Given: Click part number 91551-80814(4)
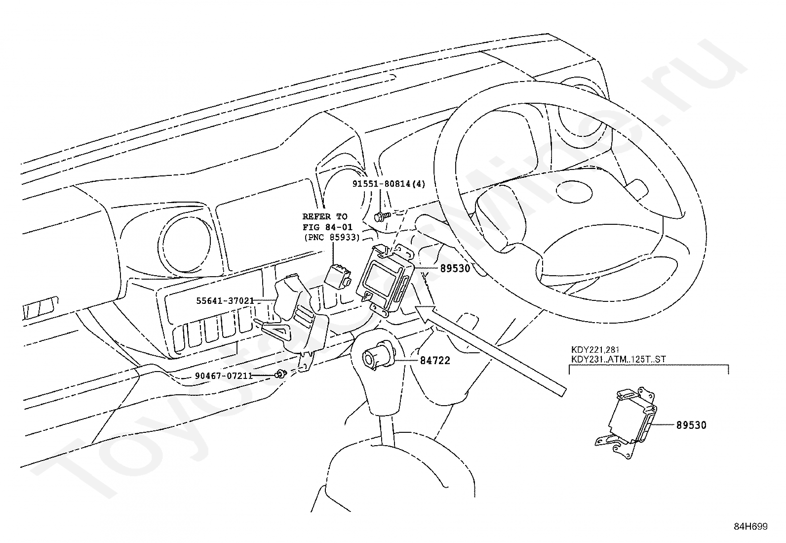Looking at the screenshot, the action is click(389, 184).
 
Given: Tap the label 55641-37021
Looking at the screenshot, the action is click(225, 301).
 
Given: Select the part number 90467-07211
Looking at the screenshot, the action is click(224, 376).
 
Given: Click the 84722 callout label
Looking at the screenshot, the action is click(435, 360).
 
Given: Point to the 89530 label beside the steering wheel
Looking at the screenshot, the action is click(455, 268).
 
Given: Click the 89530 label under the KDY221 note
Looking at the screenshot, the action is click(691, 425).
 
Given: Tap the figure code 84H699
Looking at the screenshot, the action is click(750, 527).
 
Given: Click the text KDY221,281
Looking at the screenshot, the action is click(595, 349).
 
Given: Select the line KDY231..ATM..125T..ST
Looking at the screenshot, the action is click(619, 359).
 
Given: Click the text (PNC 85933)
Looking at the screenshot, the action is click(332, 238).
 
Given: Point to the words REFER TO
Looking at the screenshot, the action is click(325, 216).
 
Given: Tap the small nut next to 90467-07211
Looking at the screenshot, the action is click(281, 374).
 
